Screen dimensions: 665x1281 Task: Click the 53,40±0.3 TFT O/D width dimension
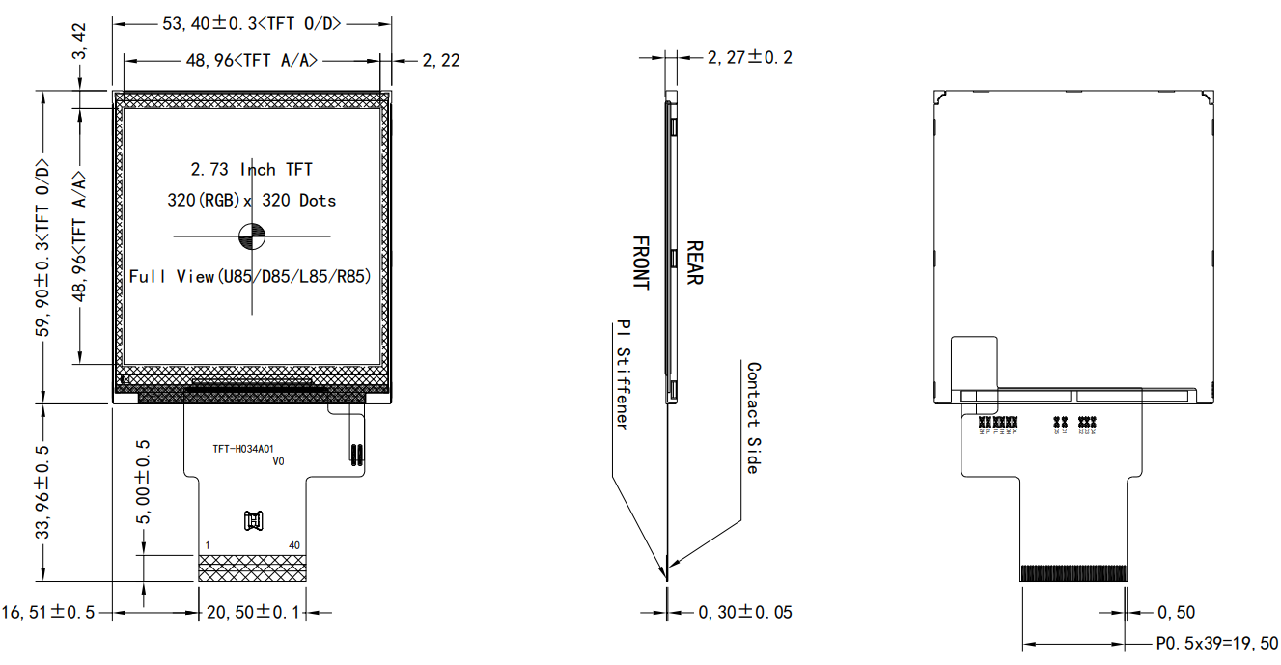coord(252,23)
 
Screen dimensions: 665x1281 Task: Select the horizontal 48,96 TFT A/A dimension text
coord(252,60)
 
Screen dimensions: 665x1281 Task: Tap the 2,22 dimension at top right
coord(440,60)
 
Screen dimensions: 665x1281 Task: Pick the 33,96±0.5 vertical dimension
coord(43,492)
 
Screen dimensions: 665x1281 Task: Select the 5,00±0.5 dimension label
coord(143,482)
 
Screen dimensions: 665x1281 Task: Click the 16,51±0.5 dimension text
coord(48,613)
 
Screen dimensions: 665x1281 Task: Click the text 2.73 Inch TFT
coord(251,169)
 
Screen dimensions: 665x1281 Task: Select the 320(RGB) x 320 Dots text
coord(251,200)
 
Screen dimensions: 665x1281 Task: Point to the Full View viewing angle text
coord(251,276)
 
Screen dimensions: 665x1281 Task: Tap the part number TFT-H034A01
coord(243,450)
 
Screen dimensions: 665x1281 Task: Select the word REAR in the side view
coord(694,263)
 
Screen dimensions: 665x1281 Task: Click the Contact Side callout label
coord(752,417)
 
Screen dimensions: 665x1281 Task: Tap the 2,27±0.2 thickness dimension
coord(750,58)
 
